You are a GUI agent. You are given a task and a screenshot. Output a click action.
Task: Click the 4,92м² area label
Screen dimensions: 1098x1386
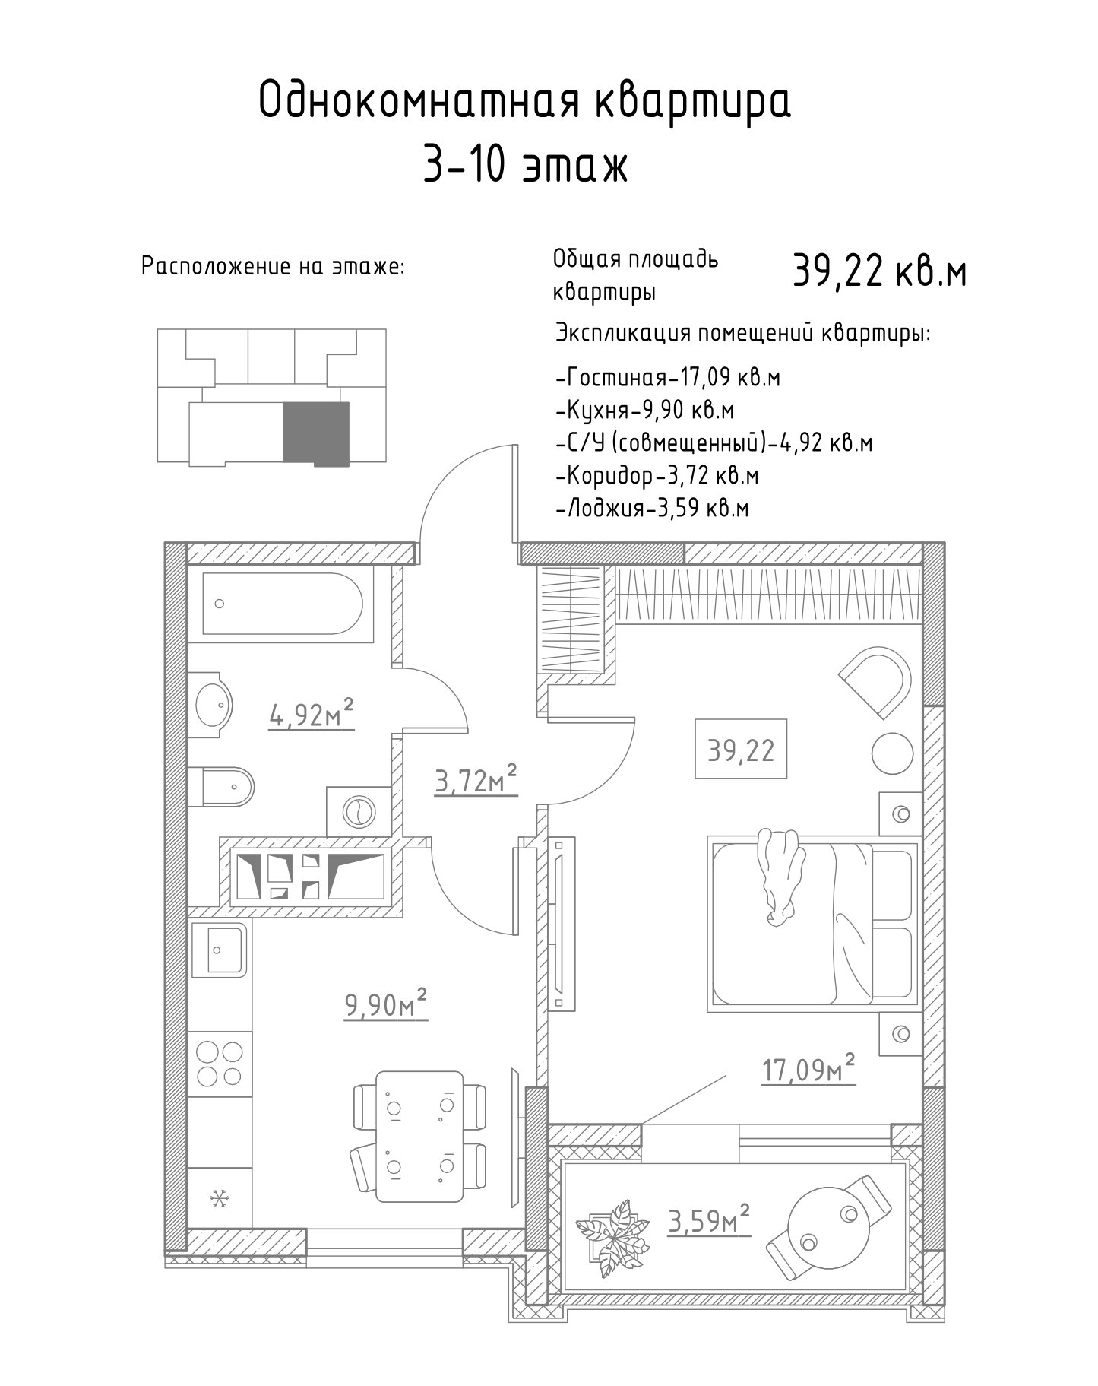pos(312,715)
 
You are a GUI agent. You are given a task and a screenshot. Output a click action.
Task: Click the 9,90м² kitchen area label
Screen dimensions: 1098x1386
pos(386,1004)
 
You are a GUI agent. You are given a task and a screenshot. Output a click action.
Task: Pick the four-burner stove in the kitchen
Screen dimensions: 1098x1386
pos(219,1064)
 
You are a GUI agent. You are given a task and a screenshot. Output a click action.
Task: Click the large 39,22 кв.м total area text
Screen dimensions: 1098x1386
pos(880,272)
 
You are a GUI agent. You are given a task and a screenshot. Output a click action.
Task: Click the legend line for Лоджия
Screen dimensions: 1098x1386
pos(653,508)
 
